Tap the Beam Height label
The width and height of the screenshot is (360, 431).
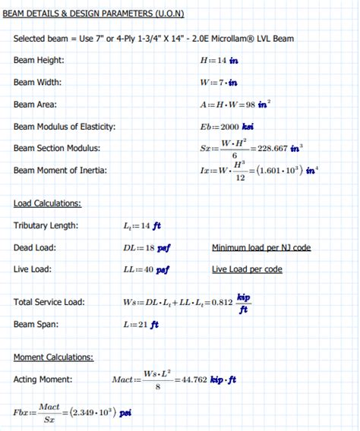[x=39, y=60]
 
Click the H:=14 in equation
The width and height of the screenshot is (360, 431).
[x=219, y=60]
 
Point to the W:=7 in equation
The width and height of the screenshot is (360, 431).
[x=219, y=82]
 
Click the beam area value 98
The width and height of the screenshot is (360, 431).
[x=247, y=105]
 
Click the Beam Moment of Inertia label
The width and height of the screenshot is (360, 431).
[x=60, y=171]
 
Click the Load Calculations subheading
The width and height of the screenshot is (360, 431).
[x=47, y=203]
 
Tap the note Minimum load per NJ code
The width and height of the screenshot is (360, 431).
[x=261, y=247]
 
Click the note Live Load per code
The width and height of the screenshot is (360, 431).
[x=247, y=269]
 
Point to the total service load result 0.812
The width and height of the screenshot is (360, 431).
[x=222, y=302]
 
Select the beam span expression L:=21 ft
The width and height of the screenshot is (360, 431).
[x=141, y=325]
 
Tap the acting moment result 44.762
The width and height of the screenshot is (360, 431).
[x=190, y=379]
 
